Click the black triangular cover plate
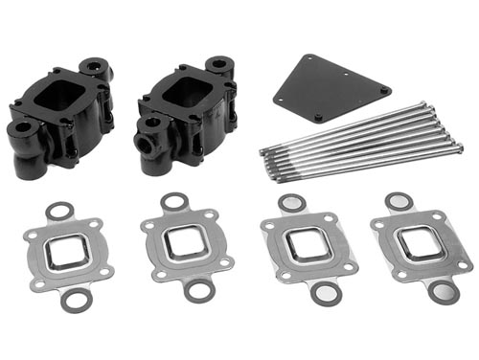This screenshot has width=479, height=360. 331,84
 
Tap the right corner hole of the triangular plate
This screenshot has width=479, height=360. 384,90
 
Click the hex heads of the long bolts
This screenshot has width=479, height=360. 263,149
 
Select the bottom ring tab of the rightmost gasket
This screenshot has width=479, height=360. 440,290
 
